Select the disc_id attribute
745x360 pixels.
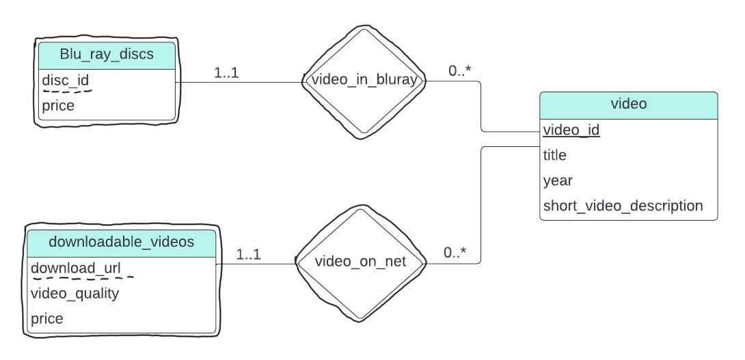click(x=66, y=81)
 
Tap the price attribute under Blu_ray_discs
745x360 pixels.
click(x=58, y=106)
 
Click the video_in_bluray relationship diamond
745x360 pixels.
click(x=364, y=80)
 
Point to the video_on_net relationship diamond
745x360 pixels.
click(x=361, y=262)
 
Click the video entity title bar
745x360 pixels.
click(x=629, y=105)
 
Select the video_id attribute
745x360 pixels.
click(x=571, y=130)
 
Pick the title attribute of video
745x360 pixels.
click(x=555, y=155)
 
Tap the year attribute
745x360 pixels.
click(x=558, y=180)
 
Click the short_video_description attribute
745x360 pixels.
click(x=623, y=206)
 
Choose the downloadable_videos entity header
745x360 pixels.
click(x=122, y=242)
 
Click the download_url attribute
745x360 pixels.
click(x=76, y=268)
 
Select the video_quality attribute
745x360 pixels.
click(x=75, y=293)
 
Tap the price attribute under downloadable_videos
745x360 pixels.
click(x=47, y=318)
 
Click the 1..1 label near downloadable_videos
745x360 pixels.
click(x=249, y=255)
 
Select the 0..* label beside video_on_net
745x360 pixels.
click(x=455, y=253)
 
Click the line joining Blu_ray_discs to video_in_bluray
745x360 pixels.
click(x=239, y=83)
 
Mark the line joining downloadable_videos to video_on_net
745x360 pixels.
click(x=256, y=264)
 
